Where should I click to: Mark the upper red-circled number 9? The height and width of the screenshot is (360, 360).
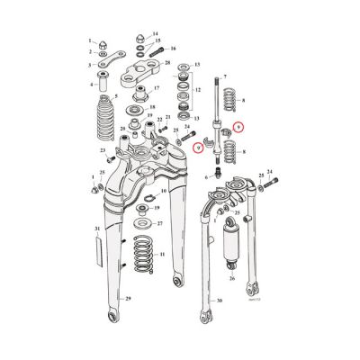238,126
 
